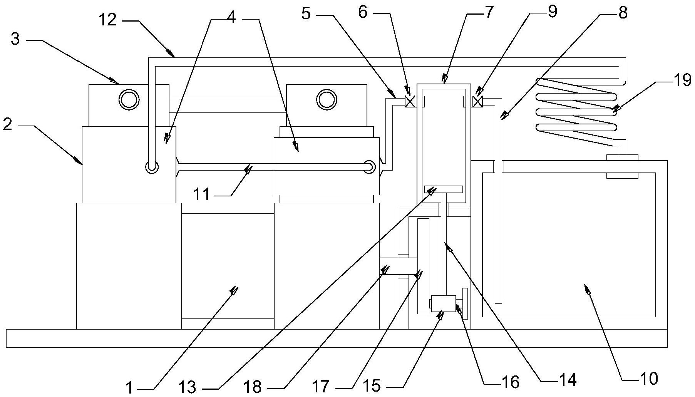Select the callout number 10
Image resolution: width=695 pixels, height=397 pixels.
[x=649, y=379]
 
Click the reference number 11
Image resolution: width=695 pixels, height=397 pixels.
[x=201, y=195]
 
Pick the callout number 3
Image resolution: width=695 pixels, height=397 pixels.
[x=15, y=39]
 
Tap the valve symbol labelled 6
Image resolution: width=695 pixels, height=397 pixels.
[x=410, y=102]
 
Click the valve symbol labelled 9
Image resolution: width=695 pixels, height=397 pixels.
[x=477, y=102]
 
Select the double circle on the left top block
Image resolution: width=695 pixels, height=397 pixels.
[x=129, y=100]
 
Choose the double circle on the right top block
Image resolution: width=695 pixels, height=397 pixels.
[x=326, y=100]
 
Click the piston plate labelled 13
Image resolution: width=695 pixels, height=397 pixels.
[x=443, y=189]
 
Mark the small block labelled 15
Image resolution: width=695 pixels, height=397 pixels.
[x=444, y=303]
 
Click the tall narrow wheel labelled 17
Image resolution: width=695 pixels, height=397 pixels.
[x=423, y=266]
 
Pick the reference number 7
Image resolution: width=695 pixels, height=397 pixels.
[x=488, y=13]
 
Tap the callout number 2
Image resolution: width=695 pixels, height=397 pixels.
[x=7, y=124]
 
